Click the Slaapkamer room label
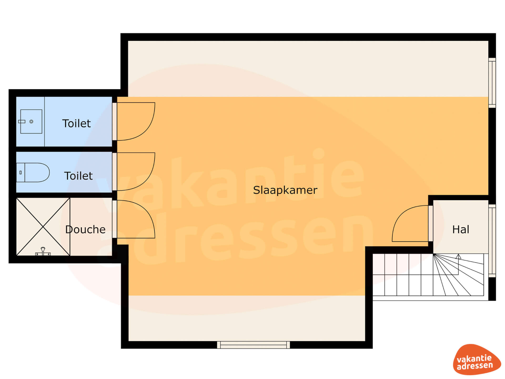[285, 190]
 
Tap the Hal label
[461, 230]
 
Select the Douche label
[85, 230]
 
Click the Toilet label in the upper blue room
[77, 123]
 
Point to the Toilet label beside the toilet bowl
[78, 176]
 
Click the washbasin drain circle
[31, 122]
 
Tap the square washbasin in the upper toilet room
[31, 121]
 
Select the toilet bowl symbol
[33, 172]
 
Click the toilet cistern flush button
[21, 173]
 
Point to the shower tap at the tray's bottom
[43, 252]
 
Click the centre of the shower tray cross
[43, 227]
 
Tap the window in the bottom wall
[254, 345]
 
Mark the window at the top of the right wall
[492, 83]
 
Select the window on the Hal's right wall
[492, 241]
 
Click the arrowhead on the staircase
[458, 256]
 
